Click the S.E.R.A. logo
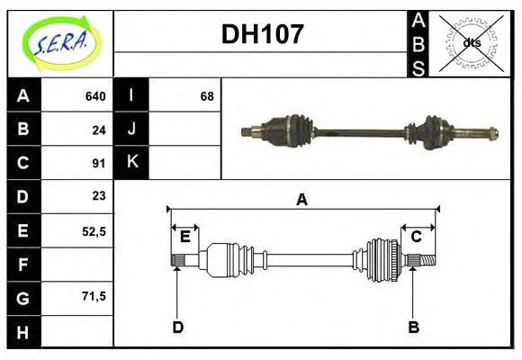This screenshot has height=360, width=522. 59,43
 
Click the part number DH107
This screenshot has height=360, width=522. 262,35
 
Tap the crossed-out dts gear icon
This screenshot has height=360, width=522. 471,42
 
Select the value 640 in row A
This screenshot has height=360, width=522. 95,96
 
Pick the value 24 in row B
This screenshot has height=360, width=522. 99,130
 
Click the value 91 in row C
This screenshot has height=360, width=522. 99,163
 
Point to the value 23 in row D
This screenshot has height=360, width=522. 99,195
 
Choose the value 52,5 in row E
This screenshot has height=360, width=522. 94,230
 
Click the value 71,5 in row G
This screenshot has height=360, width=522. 94,295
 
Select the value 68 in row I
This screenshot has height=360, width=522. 207,96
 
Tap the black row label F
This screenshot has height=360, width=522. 23,264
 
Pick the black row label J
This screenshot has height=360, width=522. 131,130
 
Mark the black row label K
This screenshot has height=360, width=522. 131,163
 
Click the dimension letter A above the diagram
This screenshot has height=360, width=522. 302,200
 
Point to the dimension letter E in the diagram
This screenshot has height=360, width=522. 184,237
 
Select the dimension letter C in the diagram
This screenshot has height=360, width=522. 417,237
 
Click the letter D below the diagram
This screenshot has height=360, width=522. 178,328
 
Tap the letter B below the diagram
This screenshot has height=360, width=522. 414,328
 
